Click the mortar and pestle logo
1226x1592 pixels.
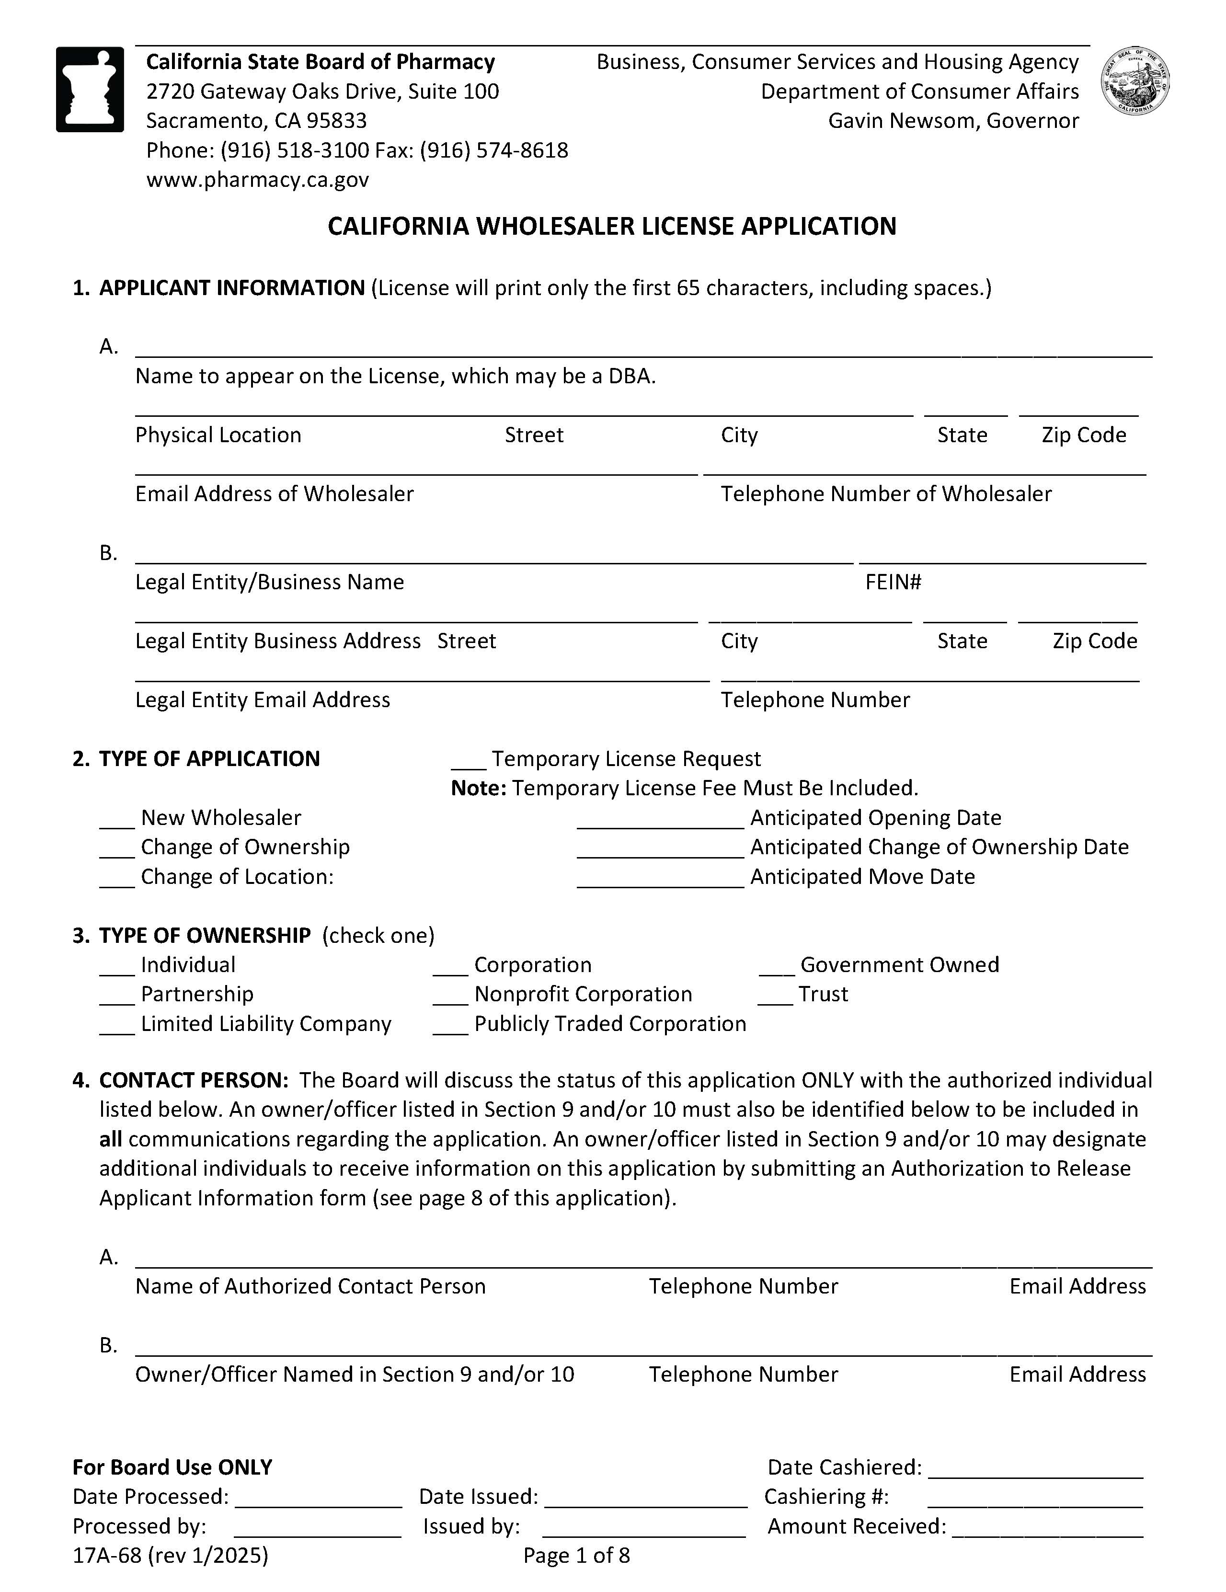click(90, 89)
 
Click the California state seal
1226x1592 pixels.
click(1135, 81)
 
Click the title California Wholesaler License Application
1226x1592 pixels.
click(611, 226)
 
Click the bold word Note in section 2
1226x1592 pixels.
click(478, 788)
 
